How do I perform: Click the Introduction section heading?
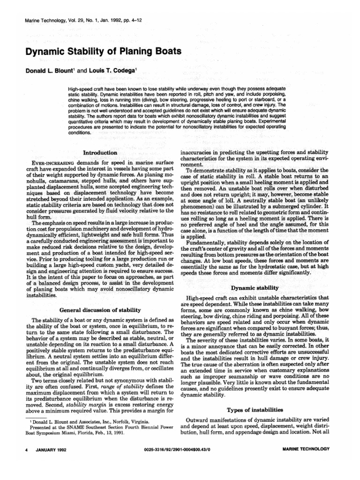pyautogui.click(x=100, y=153)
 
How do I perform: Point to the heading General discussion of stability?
pyautogui.click(x=100, y=310)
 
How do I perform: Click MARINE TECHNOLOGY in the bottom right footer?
pyautogui.click(x=307, y=449)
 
